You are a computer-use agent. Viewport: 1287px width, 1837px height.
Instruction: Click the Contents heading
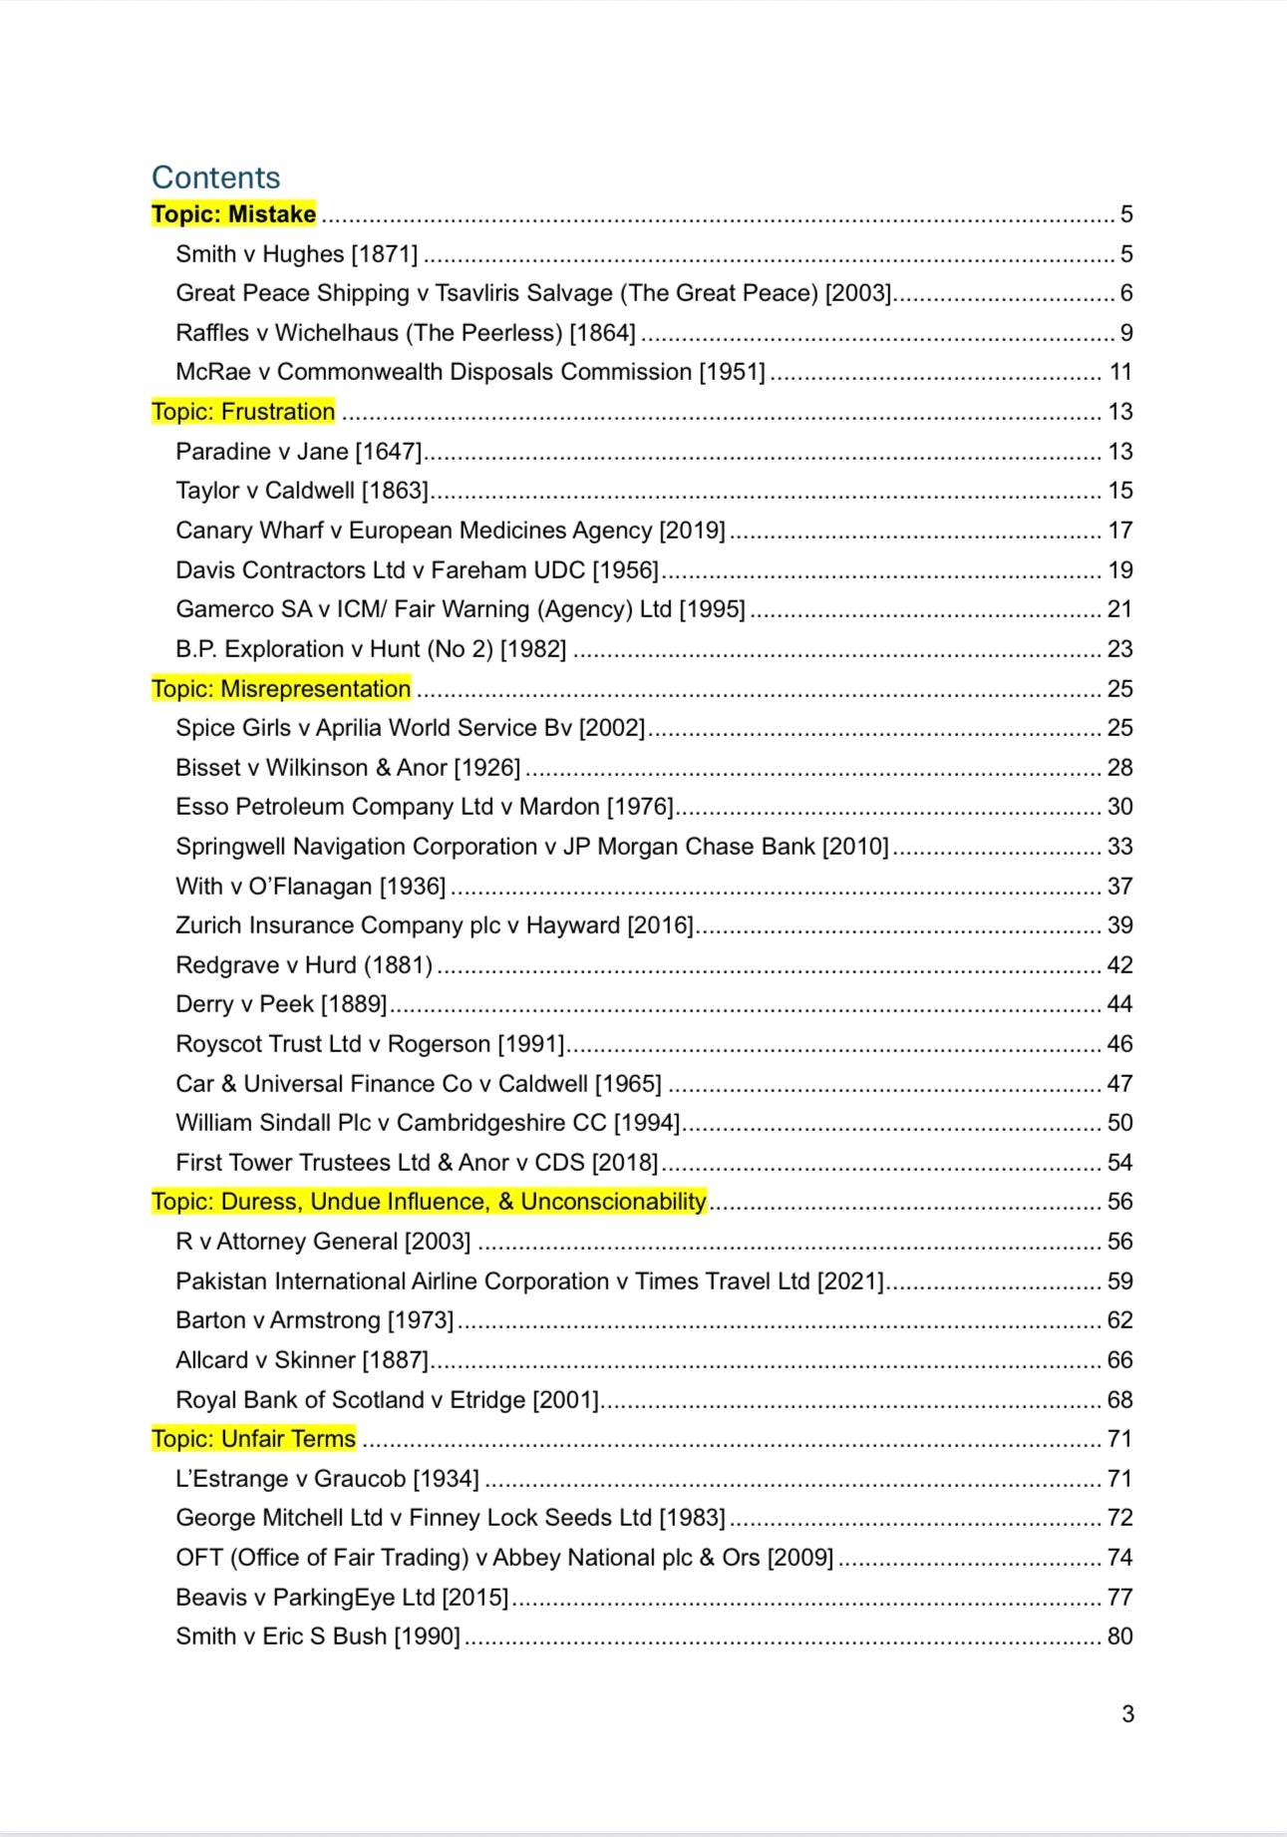click(215, 178)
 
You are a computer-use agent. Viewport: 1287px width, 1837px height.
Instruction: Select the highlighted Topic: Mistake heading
click(233, 214)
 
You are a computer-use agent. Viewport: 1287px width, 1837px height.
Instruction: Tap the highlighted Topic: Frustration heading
click(243, 412)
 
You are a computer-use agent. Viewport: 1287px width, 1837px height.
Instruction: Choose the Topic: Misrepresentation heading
click(281, 689)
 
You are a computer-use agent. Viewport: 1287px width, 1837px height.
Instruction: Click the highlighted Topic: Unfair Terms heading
click(253, 1439)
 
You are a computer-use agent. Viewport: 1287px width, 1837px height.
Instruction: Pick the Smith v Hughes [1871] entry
click(296, 254)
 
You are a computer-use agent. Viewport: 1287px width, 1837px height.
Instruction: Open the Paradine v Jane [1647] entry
click(298, 452)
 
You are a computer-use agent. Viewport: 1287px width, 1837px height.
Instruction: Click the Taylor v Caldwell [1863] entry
click(301, 491)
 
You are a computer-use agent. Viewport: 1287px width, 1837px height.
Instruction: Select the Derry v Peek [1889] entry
click(281, 1004)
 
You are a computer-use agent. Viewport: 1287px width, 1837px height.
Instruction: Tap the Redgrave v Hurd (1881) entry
click(304, 965)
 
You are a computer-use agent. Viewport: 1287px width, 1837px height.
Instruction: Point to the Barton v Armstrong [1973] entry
click(314, 1320)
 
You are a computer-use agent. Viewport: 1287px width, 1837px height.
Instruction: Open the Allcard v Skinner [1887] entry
click(301, 1360)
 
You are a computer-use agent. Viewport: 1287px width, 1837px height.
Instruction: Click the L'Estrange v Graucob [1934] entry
click(327, 1479)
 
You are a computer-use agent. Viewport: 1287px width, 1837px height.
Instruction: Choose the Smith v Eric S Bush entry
click(317, 1637)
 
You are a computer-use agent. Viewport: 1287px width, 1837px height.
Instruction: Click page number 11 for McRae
click(1121, 372)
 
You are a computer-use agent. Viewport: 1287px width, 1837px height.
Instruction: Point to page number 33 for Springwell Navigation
click(1120, 847)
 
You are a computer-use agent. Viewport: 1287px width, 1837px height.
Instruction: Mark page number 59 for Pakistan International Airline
click(1120, 1282)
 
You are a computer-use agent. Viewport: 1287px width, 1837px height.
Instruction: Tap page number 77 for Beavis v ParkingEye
click(1120, 1598)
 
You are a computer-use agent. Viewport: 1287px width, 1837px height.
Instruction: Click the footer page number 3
click(1127, 1714)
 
